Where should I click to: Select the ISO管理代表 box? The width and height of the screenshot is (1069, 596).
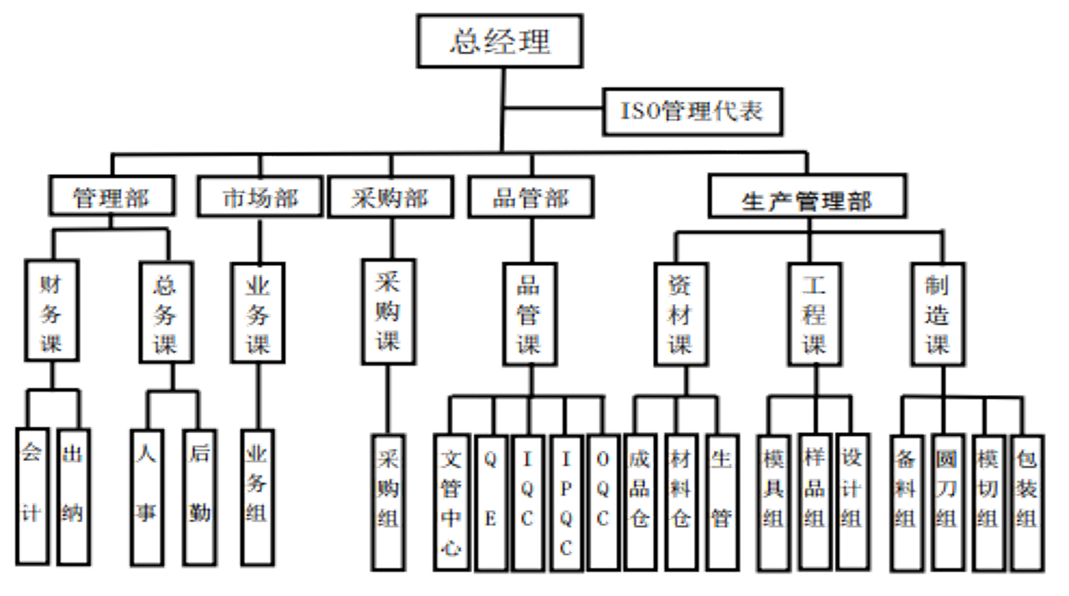693,111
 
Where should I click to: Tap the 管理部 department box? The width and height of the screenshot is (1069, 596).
113,196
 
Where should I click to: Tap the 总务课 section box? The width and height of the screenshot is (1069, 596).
165,313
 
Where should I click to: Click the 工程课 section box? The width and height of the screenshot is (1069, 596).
815,313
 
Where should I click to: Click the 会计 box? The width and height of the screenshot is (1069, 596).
32,494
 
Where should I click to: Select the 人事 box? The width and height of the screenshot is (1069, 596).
147,494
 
